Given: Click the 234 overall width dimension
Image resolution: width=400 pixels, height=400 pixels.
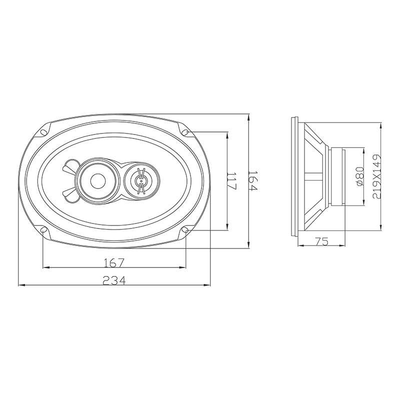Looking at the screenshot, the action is pyautogui.click(x=114, y=280).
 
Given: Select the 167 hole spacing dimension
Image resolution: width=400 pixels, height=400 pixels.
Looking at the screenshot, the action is pyautogui.click(x=114, y=263).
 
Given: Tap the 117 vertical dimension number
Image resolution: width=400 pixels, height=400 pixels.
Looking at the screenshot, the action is pyautogui.click(x=231, y=181).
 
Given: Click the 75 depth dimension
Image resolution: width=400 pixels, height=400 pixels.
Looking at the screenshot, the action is pyautogui.click(x=321, y=241).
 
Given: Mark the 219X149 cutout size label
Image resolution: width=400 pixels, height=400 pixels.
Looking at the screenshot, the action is pyautogui.click(x=376, y=176).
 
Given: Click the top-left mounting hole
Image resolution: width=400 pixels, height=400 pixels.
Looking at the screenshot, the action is pyautogui.click(x=43, y=132).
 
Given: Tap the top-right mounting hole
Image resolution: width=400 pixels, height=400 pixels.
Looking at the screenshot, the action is pyautogui.click(x=185, y=132).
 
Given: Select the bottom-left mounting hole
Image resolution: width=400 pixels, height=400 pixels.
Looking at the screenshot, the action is pyautogui.click(x=43, y=230).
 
